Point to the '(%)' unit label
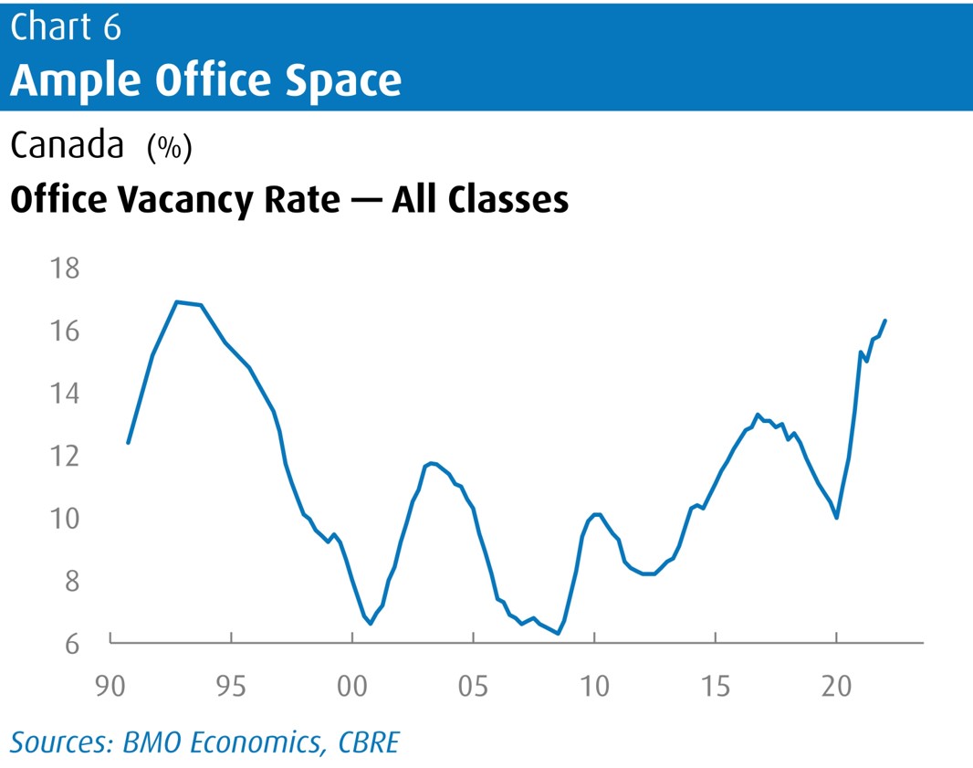point(169,148)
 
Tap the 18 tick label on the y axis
point(68,269)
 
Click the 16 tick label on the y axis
point(68,331)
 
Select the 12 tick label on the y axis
point(68,456)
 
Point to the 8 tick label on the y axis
point(72,582)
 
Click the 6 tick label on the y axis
point(72,644)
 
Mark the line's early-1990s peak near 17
point(177,301)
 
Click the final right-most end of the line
point(885,321)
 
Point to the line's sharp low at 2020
point(836,518)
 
